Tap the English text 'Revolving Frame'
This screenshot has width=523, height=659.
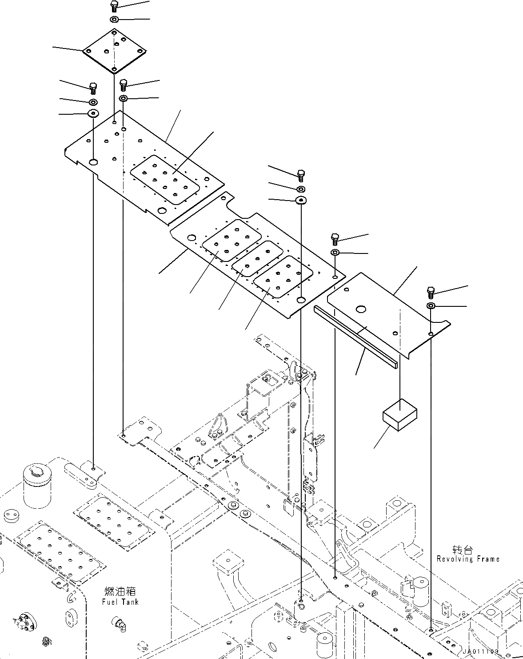point(467,559)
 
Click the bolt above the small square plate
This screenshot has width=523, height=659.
point(114,6)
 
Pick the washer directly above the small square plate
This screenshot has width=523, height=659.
point(114,20)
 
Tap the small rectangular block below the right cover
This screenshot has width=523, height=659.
point(400,415)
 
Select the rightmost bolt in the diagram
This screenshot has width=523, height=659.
point(431,292)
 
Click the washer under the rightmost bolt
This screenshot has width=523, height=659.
point(431,305)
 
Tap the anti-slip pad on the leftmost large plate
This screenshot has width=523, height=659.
point(165,181)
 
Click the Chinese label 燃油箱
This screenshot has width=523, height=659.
point(120,591)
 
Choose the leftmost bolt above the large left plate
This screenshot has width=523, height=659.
point(93,87)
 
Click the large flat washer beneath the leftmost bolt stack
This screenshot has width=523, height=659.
point(93,113)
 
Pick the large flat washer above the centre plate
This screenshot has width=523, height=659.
point(301,200)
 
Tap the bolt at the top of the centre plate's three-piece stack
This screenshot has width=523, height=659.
point(300,174)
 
